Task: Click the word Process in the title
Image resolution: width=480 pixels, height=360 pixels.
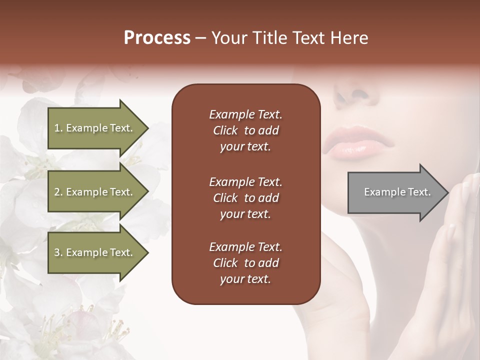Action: click(x=157, y=38)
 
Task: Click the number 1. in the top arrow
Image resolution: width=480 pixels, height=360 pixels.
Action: click(x=58, y=128)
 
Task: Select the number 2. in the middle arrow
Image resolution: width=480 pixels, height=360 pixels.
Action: click(x=58, y=192)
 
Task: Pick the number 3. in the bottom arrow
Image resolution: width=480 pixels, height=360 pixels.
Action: click(x=58, y=253)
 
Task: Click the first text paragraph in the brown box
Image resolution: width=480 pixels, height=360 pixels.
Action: click(x=245, y=130)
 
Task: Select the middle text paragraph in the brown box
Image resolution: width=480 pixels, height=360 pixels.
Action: click(x=245, y=197)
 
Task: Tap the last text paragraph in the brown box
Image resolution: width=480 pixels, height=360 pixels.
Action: click(x=245, y=263)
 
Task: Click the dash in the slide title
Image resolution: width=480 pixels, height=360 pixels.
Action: click(x=200, y=38)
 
